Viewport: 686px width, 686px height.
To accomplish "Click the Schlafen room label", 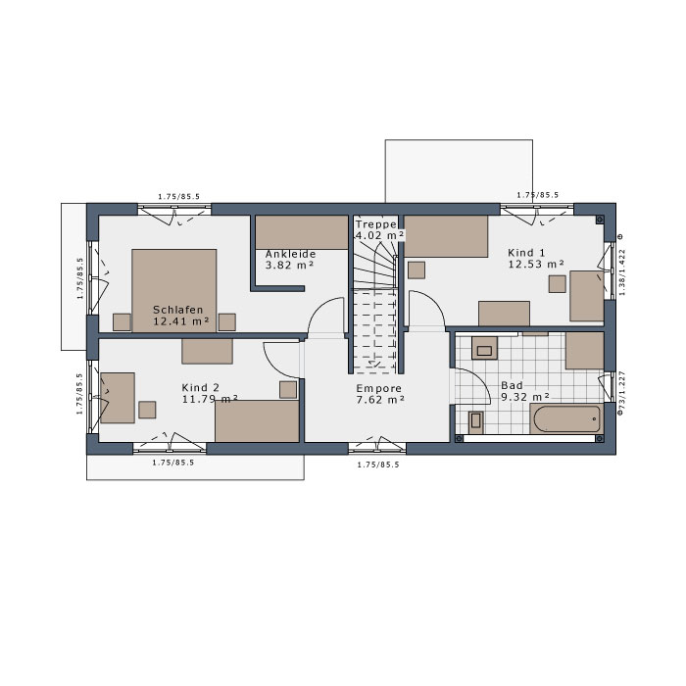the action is (178, 310).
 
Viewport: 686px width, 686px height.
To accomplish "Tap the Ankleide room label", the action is (290, 254).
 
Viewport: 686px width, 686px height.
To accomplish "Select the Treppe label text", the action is (375, 224).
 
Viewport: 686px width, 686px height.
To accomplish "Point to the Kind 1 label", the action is (527, 253).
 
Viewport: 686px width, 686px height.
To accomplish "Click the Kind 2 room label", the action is (200, 388).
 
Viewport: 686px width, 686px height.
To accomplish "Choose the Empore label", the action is (379, 388).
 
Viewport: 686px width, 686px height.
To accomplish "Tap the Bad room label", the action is (512, 385).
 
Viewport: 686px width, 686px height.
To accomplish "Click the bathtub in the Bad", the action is (567, 418).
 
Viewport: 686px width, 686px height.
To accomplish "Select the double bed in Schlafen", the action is (174, 290).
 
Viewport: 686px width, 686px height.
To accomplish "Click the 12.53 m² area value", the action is (536, 264).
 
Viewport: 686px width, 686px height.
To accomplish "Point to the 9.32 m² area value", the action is (525, 397).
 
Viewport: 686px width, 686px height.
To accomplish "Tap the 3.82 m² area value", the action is (290, 265).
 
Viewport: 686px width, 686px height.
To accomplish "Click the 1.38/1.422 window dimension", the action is (622, 272).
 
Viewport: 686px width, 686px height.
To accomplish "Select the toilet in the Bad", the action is (475, 422).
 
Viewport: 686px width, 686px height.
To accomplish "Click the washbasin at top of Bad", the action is (484, 348).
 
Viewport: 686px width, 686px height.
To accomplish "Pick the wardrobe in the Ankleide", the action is (302, 232).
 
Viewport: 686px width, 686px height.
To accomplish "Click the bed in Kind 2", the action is (257, 420).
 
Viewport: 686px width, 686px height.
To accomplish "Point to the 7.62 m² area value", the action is (380, 400).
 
